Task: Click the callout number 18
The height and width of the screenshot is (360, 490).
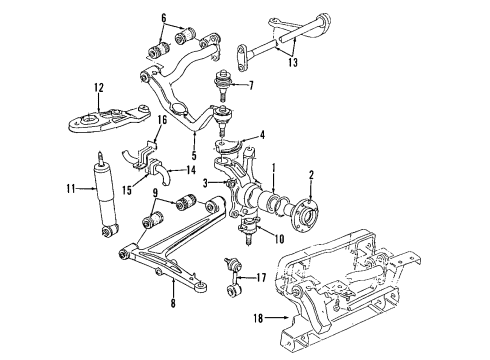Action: click(x=258, y=318)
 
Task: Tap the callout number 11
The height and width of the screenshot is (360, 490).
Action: click(x=71, y=189)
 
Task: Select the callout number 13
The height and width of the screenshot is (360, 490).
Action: click(x=293, y=62)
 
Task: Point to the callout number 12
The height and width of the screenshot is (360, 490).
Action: click(x=99, y=87)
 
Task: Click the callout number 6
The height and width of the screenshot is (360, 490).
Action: click(x=163, y=18)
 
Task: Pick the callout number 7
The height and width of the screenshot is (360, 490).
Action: click(x=251, y=85)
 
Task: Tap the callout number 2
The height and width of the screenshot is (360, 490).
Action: click(x=311, y=175)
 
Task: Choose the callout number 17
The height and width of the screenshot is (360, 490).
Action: click(x=261, y=277)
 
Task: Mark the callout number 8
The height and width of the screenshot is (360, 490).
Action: click(x=173, y=303)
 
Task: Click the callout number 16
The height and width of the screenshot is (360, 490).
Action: click(x=162, y=120)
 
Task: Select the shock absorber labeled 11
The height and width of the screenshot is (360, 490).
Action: click(x=105, y=195)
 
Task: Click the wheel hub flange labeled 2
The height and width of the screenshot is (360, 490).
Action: click(x=304, y=213)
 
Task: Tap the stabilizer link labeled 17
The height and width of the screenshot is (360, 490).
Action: click(x=233, y=275)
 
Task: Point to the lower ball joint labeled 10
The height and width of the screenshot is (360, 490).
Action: click(x=248, y=229)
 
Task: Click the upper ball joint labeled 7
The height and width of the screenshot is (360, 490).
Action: click(x=221, y=85)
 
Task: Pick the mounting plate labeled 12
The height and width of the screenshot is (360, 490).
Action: click(x=109, y=120)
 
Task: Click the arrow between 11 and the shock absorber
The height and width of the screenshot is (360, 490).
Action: click(x=86, y=189)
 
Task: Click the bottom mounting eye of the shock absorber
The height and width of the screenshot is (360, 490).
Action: click(x=110, y=231)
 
